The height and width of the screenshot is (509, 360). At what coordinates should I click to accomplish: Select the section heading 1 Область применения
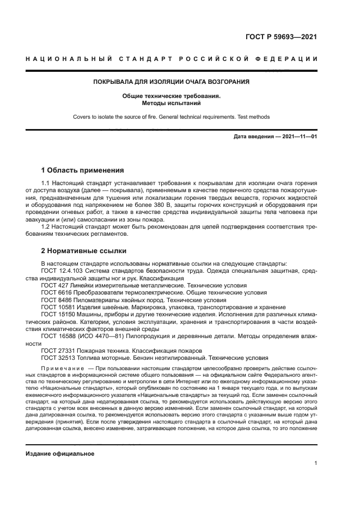point(83,170)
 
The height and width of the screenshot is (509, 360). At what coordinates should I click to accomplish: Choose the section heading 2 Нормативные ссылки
point(84,251)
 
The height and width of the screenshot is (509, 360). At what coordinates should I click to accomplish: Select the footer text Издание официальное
point(60,453)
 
